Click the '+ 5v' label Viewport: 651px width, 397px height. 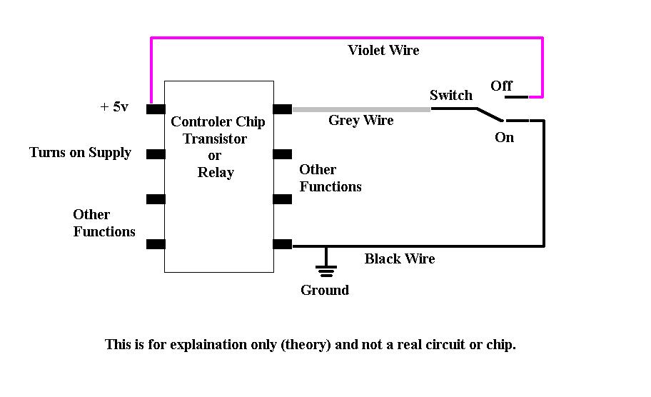coord(114,107)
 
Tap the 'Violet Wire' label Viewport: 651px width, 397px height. coord(383,50)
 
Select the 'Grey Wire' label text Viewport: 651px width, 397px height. coord(360,121)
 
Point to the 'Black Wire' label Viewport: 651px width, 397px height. coord(399,258)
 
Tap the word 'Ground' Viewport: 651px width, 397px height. coord(325,290)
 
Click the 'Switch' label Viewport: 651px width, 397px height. coord(450,95)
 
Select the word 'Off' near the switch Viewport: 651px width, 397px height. coord(501,86)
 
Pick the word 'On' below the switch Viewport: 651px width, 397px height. coord(504,137)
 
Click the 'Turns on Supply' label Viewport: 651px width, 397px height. coord(80,152)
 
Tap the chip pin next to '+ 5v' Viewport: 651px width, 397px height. coord(156,109)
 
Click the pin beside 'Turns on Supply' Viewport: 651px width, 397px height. coord(156,154)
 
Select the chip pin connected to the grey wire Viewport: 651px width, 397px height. coord(282,109)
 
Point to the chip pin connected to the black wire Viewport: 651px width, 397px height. coord(282,244)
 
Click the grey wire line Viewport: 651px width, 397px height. coord(360,109)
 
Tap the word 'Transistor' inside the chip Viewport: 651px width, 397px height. coord(215,139)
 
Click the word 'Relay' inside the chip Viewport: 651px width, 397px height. coord(216,172)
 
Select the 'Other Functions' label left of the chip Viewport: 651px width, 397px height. coord(104,223)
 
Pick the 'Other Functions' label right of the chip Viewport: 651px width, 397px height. coord(330,178)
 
